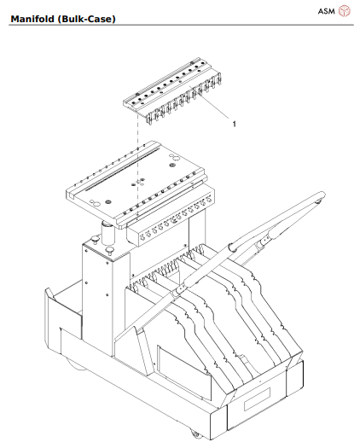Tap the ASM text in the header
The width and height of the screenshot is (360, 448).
tap(325, 10)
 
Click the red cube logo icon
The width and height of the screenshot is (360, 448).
tap(344, 10)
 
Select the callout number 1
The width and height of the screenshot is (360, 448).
tap(235, 124)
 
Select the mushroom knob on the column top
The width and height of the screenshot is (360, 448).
tap(111, 250)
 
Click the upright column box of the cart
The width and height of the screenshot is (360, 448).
tap(101, 299)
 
